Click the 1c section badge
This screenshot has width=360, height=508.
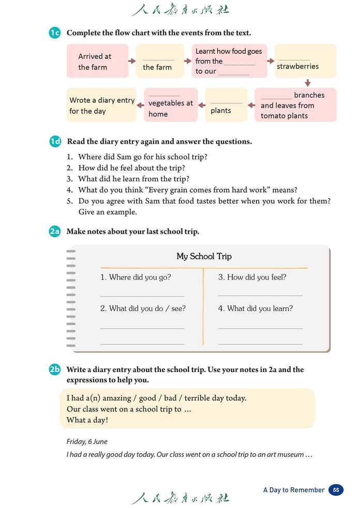click(x=55, y=33)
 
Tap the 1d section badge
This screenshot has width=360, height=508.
click(x=55, y=142)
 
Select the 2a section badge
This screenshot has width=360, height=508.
click(x=55, y=232)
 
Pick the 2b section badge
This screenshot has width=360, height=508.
click(x=55, y=370)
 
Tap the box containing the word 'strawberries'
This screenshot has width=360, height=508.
click(x=305, y=61)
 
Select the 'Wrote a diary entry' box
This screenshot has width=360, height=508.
click(x=101, y=105)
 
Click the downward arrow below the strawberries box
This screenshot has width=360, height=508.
click(x=307, y=83)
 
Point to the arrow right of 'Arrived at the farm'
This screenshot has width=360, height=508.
click(x=132, y=61)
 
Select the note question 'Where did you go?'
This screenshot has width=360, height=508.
click(x=136, y=278)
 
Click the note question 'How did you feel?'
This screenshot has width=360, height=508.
click(x=252, y=278)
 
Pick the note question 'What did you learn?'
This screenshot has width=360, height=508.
click(x=255, y=309)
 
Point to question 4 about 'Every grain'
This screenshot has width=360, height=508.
click(x=187, y=190)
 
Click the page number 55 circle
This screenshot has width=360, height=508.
click(x=336, y=490)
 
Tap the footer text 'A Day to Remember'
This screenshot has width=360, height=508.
click(x=294, y=490)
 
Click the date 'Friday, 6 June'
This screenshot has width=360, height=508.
click(x=87, y=441)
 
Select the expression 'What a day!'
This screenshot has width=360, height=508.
click(x=87, y=420)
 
